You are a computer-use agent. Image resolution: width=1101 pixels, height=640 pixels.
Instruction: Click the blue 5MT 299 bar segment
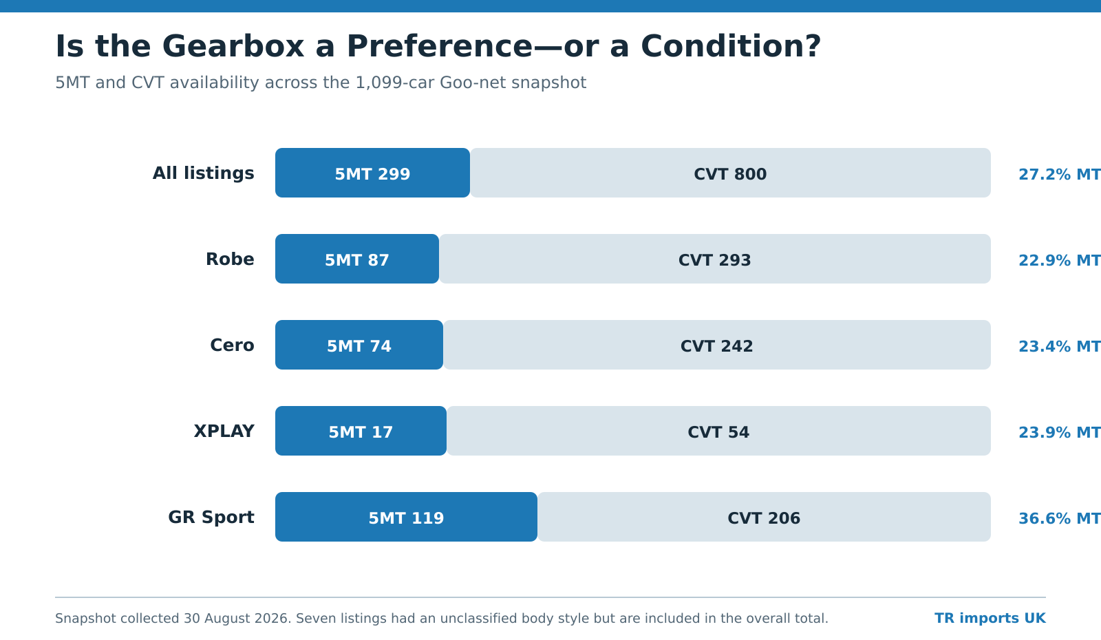pyautogui.click(x=372, y=173)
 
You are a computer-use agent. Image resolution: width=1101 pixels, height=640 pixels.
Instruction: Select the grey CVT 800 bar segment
pyautogui.click(x=730, y=173)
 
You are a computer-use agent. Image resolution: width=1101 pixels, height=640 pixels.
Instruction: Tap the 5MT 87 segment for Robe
pyautogui.click(x=357, y=259)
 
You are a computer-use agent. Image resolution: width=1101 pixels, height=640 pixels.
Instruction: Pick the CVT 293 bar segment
pyautogui.click(x=715, y=259)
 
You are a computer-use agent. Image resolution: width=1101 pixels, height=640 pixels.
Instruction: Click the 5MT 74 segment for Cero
pyautogui.click(x=359, y=345)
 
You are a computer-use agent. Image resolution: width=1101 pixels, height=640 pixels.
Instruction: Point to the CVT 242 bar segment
pyautogui.click(x=716, y=345)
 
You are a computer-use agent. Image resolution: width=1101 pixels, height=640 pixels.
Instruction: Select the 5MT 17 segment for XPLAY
pyautogui.click(x=361, y=431)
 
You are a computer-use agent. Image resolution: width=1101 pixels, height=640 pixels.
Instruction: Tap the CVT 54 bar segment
pyautogui.click(x=718, y=431)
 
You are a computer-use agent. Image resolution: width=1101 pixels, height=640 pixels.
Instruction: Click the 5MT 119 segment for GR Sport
pyautogui.click(x=406, y=517)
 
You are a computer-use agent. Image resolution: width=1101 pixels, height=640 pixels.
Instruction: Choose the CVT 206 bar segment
pyautogui.click(x=764, y=517)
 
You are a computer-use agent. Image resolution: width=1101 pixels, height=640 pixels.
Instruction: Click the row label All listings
pyautogui.click(x=204, y=173)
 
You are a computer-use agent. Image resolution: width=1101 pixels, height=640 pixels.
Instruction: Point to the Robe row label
pyautogui.click(x=230, y=259)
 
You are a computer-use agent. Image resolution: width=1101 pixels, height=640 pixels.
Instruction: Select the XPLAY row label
pyautogui.click(x=224, y=431)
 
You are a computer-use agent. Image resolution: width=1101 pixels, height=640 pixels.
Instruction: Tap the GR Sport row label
pyautogui.click(x=211, y=518)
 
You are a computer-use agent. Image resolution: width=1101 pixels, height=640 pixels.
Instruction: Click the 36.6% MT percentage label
pyautogui.click(x=1059, y=518)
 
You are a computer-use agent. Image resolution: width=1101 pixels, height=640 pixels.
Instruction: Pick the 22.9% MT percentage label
pyautogui.click(x=1059, y=260)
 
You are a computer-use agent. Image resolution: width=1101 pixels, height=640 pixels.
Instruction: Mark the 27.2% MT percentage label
pyautogui.click(x=1059, y=174)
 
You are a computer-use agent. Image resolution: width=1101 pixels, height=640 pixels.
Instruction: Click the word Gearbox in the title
pyautogui.click(x=233, y=47)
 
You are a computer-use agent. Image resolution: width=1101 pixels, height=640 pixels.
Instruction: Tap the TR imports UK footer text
pyautogui.click(x=990, y=618)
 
